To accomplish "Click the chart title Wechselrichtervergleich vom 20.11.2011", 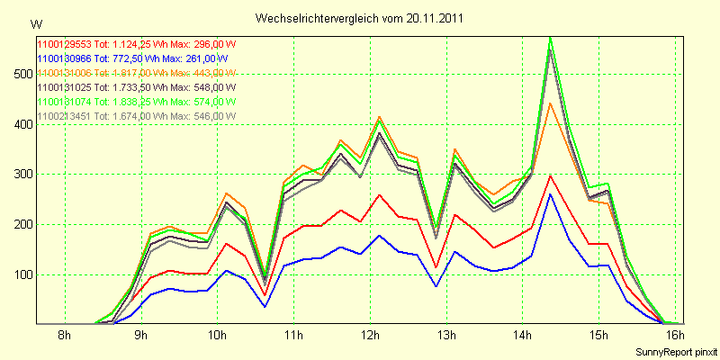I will (x=360, y=18).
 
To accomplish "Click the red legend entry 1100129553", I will (x=135, y=44).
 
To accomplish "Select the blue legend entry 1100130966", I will (x=135, y=58).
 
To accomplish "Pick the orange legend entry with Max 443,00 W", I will (x=135, y=73).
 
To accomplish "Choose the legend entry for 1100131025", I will (x=135, y=87).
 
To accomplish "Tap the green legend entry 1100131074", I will (x=135, y=102).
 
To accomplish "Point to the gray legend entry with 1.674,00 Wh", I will (x=135, y=116).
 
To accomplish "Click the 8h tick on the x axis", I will (x=64, y=336).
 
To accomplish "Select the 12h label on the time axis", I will (x=371, y=336).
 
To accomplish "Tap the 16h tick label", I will (x=678, y=336).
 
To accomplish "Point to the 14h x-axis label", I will (x=524, y=336).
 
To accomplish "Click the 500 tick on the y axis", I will (x=19, y=74).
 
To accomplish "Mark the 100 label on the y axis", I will (x=19, y=275).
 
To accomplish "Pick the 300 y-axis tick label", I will (x=19, y=175).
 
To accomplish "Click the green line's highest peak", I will (x=551, y=38).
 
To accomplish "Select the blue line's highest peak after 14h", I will (x=551, y=193).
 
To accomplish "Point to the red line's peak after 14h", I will (x=551, y=175).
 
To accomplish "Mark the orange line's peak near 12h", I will (x=379, y=117).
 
